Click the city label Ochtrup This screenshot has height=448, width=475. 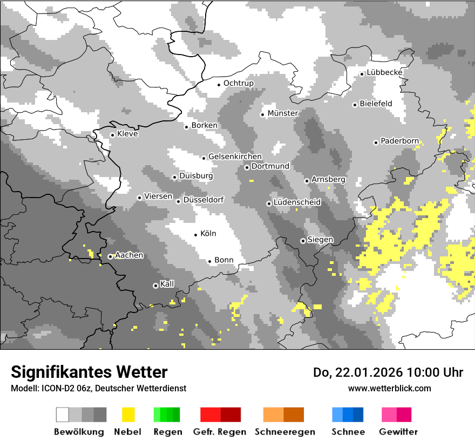tap(238, 84)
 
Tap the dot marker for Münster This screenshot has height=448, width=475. tap(263, 114)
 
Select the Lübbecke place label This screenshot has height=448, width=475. tap(384, 73)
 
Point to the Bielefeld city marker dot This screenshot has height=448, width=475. tap(355, 105)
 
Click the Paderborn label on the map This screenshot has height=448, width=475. tap(399, 141)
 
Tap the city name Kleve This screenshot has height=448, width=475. tap(127, 134)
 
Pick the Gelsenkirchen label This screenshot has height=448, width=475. tap(235, 157)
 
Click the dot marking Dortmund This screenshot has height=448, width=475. tap(247, 167)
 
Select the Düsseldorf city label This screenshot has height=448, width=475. tap(203, 200)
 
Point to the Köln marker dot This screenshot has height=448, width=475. tap(196, 235)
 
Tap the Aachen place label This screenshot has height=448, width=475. tap(129, 256)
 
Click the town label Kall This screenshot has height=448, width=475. tap(167, 284)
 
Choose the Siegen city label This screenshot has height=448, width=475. tap(320, 240)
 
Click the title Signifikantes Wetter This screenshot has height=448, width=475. tap(89, 372)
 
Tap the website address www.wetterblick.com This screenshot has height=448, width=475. tap(389, 389)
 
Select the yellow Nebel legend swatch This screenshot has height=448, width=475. tap(128, 415)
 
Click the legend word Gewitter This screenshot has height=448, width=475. tap(398, 432)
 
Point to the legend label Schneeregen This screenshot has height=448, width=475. tap(284, 432)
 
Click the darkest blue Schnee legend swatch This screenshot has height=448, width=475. tap(358, 415)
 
